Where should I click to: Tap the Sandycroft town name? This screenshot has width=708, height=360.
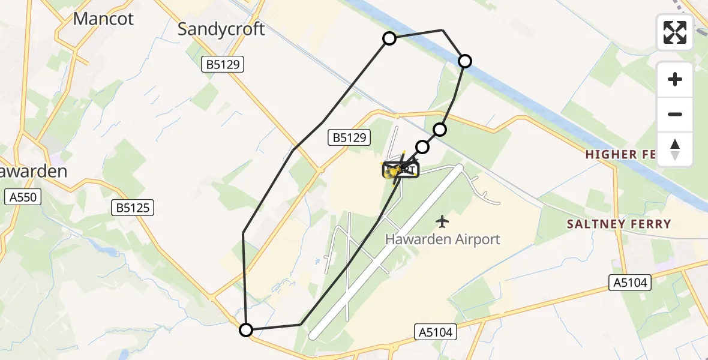(x=221, y=29)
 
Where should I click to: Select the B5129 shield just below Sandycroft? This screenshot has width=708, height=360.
(x=222, y=65)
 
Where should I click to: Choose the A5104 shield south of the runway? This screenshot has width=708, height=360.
(x=436, y=331)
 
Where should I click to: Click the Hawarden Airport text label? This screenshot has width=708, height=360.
(x=442, y=239)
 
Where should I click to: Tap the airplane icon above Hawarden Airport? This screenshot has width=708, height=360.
(x=442, y=222)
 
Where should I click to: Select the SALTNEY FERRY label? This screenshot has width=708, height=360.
(x=619, y=224)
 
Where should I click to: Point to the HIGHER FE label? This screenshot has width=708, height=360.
(x=620, y=154)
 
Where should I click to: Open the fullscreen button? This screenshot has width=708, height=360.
(x=675, y=32)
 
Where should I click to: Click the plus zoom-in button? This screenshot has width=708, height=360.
(x=675, y=79)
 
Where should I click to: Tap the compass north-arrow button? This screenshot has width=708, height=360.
(x=675, y=149)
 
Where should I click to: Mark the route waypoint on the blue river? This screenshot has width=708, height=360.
(x=465, y=61)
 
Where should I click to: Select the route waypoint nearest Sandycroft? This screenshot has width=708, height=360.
(x=389, y=39)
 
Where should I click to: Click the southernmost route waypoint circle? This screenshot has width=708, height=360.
(x=246, y=329)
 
